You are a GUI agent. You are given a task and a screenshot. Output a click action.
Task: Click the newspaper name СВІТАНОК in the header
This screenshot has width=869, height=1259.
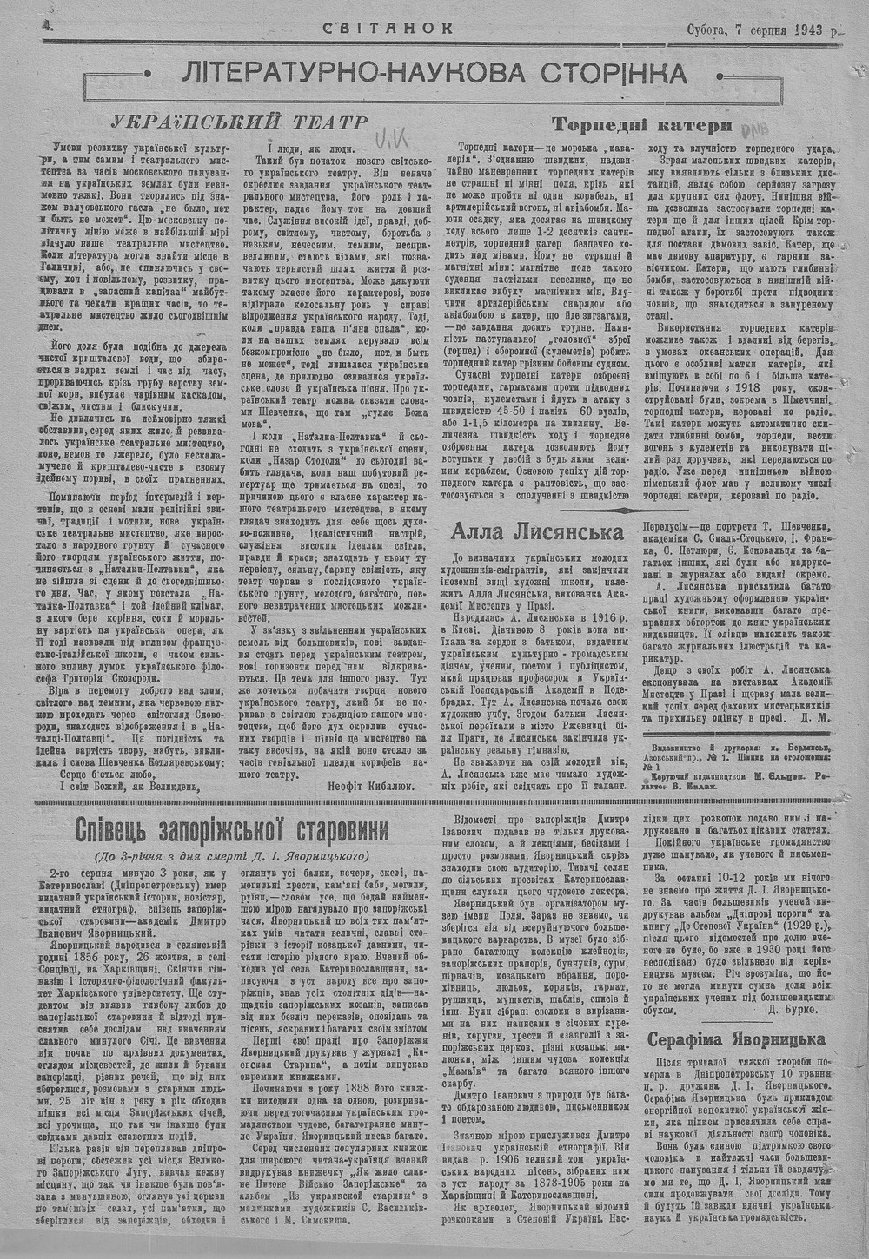point(388,28)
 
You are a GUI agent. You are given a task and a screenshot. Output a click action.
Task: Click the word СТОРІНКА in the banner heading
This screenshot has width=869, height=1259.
point(599,75)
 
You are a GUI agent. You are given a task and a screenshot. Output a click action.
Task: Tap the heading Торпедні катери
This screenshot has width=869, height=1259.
point(640,125)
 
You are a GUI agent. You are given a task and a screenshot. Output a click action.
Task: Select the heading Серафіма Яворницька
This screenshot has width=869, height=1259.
point(736,1038)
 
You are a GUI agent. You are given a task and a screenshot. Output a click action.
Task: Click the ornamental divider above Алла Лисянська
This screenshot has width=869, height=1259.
point(537,507)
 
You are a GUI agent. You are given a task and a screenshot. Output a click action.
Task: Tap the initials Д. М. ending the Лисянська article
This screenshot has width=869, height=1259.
point(815,717)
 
